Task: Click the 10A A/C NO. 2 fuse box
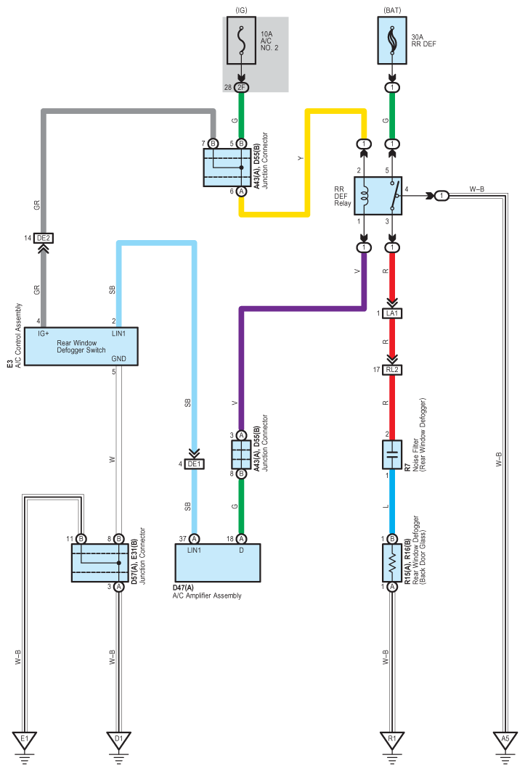pyautogui.click(x=241, y=41)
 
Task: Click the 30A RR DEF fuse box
pyautogui.click(x=392, y=41)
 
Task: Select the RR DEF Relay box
pyautogui.click(x=378, y=196)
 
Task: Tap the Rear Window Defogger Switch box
pyautogui.click(x=81, y=346)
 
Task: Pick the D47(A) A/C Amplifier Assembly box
pyautogui.click(x=218, y=563)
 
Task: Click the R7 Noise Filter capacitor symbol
pyautogui.click(x=392, y=454)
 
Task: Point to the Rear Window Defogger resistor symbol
pyautogui.click(x=392, y=563)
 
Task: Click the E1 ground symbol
pyautogui.click(x=25, y=741)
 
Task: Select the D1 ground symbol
pyautogui.click(x=118, y=741)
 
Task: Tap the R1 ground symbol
pyautogui.click(x=392, y=741)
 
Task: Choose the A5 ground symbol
pyautogui.click(x=505, y=741)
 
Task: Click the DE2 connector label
pyautogui.click(x=44, y=238)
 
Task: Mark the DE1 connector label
pyautogui.click(x=194, y=463)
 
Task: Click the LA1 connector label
pyautogui.click(x=392, y=313)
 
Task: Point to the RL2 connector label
pyautogui.click(x=392, y=370)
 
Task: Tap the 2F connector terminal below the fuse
pyautogui.click(x=241, y=88)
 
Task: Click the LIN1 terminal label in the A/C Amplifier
pyautogui.click(x=194, y=551)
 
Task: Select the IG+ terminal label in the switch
pyautogui.click(x=44, y=334)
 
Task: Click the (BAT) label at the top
pyautogui.click(x=392, y=10)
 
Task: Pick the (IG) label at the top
pyautogui.click(x=241, y=10)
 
